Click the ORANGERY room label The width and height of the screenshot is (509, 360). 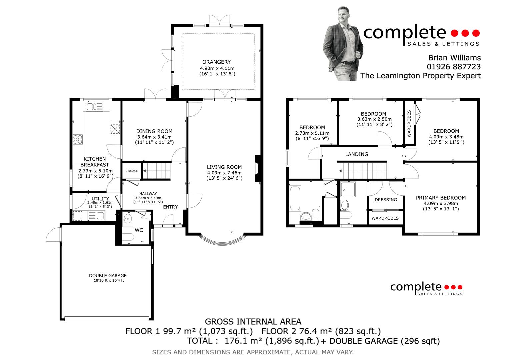click(x=216, y=62)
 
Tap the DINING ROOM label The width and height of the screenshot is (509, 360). click(x=154, y=131)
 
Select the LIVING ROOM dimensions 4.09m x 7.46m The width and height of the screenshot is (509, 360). click(x=224, y=173)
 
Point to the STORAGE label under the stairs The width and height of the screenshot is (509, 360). click(x=132, y=171)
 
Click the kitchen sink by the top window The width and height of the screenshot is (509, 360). click(x=94, y=107)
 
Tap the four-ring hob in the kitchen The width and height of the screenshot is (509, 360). click(x=78, y=139)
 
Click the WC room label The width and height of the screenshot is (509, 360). click(x=139, y=230)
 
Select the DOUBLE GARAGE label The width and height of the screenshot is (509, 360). click(x=108, y=275)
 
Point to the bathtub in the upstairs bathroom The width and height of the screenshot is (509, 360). click(x=295, y=198)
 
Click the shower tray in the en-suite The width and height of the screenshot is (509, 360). click(x=348, y=189)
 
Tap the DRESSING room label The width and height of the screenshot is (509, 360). click(x=386, y=200)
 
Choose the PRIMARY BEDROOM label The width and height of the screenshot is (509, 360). click(x=441, y=198)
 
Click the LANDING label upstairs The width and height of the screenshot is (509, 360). click(x=357, y=154)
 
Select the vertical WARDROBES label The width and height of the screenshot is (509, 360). click(x=409, y=124)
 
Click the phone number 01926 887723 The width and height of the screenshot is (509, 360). click(x=454, y=67)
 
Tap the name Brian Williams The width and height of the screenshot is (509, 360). click(x=454, y=57)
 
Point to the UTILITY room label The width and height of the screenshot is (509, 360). click(x=100, y=199)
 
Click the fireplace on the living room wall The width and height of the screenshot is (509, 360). click(x=258, y=168)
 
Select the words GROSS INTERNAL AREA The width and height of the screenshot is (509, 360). click(x=253, y=322)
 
